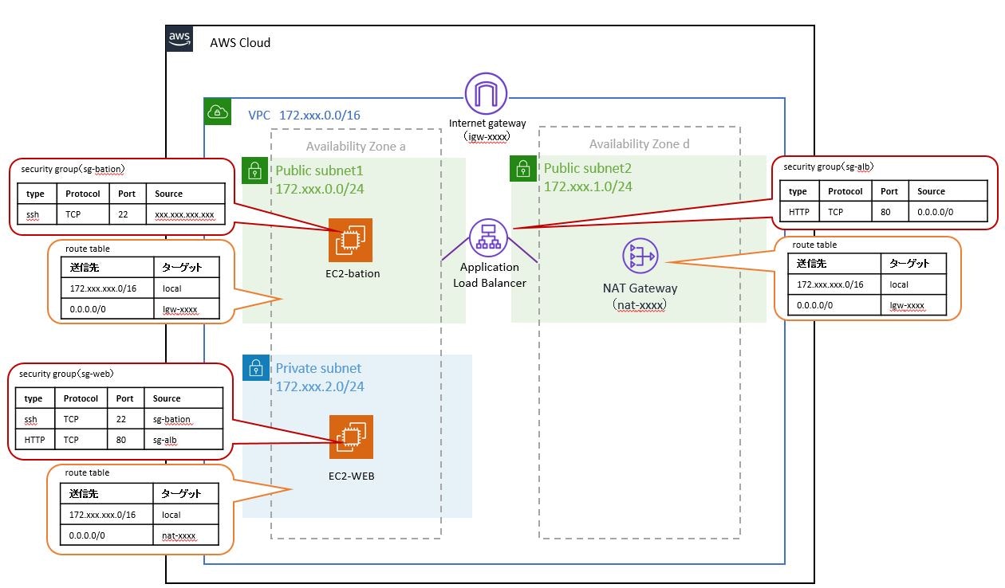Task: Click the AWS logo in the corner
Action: point(179,39)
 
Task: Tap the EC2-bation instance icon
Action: point(350,240)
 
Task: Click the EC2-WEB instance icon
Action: point(351,437)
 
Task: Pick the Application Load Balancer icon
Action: point(489,237)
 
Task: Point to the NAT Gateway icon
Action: point(639,257)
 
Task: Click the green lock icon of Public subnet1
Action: point(254,170)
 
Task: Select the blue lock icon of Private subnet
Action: point(254,367)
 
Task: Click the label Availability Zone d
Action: point(639,144)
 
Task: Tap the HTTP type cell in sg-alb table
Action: point(798,213)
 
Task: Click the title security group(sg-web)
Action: point(66,373)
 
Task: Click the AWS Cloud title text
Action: point(240,42)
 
